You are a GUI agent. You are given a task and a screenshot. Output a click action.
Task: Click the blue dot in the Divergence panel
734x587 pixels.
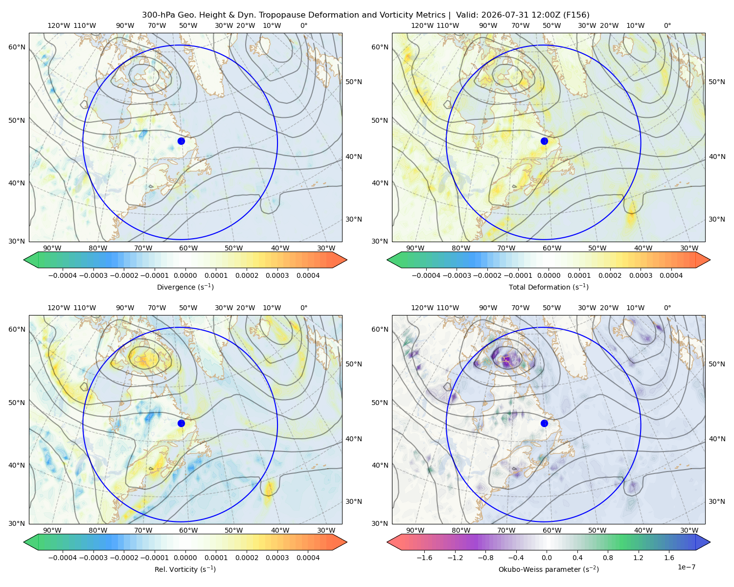coord(181,141)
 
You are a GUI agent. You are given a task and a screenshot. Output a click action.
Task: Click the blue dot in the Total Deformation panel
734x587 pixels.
coord(544,141)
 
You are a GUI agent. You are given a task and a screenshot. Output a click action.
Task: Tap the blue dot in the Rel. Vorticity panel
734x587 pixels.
coord(181,423)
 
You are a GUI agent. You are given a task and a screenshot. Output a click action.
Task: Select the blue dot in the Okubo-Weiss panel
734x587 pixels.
coord(544,423)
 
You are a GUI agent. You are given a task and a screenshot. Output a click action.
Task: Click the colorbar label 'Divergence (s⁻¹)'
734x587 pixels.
coord(185,287)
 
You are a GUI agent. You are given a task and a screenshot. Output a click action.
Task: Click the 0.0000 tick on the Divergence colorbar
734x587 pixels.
coord(185,275)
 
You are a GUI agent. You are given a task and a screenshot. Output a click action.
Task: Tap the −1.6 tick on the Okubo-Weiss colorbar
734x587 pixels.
coord(424,558)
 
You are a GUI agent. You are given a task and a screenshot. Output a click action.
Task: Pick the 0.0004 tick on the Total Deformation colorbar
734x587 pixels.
coord(671,275)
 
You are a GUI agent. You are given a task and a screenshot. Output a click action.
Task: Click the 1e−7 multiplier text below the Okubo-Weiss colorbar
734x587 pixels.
coord(686,567)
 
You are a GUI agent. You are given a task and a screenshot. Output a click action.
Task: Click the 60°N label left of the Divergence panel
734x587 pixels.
coord(17,47)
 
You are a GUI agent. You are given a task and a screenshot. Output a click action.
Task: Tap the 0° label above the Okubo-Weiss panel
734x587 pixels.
coord(667,308)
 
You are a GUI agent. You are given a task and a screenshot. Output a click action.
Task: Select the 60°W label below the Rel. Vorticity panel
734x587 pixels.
coord(188,530)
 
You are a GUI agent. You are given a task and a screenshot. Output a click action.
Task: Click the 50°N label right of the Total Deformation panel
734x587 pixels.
coord(716,82)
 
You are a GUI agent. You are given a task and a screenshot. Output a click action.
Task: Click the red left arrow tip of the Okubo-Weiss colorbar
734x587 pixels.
coord(388,542)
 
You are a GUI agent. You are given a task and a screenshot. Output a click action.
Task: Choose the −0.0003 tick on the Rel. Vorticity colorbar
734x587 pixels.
coord(93,558)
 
